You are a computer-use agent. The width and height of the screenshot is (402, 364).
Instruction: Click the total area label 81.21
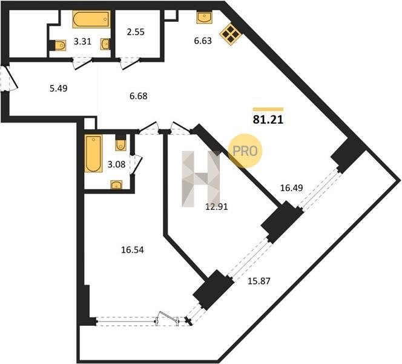click(268, 120)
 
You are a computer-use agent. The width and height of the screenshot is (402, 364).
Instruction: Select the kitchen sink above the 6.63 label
click(205, 17)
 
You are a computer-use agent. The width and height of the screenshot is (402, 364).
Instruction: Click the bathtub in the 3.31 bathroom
click(91, 19)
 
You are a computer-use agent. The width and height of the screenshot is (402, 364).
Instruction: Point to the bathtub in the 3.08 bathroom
click(93, 153)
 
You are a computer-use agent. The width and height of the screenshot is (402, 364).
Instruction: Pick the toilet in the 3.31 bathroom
click(59, 45)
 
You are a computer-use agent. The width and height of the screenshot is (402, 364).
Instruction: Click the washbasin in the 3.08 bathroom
click(116, 184)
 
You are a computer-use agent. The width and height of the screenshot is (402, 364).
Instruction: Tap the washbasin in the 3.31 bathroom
click(105, 44)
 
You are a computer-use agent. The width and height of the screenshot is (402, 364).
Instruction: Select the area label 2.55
click(136, 32)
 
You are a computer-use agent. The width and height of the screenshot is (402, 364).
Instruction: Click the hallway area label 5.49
click(59, 89)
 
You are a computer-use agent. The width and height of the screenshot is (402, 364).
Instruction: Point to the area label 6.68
click(139, 96)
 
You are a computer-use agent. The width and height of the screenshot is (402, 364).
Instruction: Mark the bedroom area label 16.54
click(133, 250)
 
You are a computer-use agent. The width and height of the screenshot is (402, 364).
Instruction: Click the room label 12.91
click(217, 207)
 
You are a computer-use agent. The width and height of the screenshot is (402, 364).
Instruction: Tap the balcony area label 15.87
click(259, 281)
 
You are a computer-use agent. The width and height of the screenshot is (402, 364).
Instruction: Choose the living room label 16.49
click(291, 188)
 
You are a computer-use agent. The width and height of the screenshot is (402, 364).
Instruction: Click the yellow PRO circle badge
click(245, 151)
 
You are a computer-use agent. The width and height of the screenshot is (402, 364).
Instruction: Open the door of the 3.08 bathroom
click(136, 164)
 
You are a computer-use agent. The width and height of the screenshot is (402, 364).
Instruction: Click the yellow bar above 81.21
click(268, 109)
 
